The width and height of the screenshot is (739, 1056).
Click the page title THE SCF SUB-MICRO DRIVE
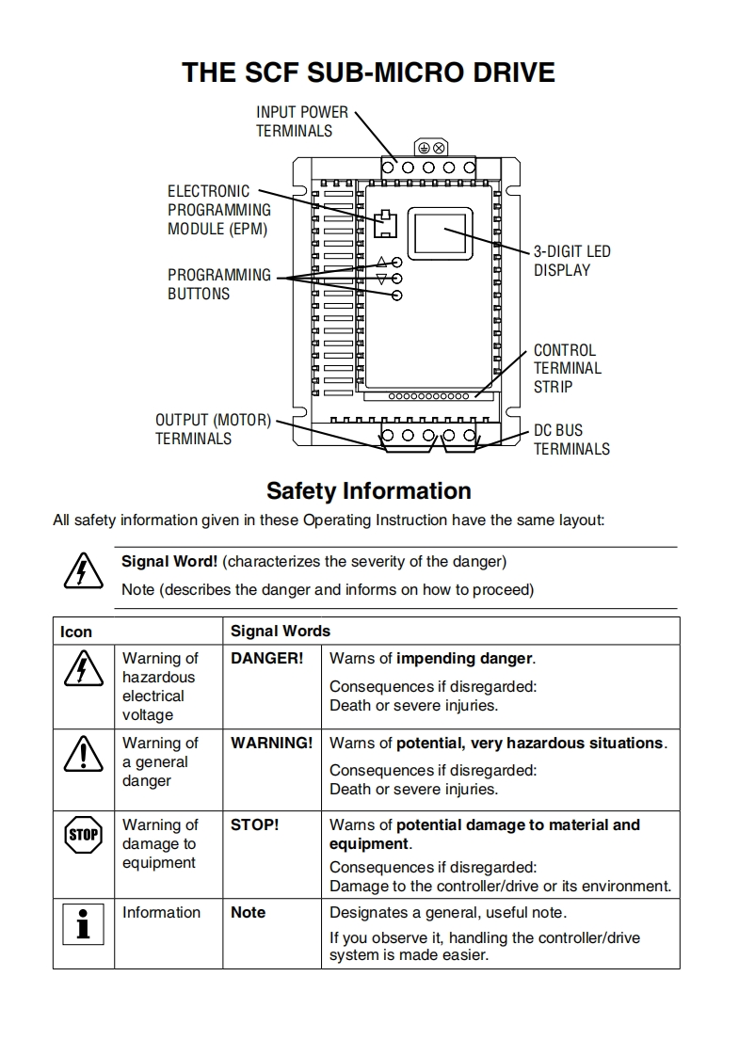368,72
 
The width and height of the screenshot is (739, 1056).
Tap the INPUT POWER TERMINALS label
301,121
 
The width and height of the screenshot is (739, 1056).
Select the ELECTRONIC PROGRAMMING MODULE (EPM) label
218,210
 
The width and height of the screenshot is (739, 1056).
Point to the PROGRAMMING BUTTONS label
218,284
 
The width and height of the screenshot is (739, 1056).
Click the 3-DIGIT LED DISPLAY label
571,261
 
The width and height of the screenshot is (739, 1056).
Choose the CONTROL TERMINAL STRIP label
567,368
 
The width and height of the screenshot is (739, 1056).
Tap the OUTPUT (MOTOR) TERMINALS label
213,429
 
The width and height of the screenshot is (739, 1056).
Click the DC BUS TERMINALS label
571,440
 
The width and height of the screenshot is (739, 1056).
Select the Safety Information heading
368,491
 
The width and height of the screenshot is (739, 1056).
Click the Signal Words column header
281,631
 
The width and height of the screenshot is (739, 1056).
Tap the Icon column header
76,632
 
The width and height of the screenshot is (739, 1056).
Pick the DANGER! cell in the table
266,659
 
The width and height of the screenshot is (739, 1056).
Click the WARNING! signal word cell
271,743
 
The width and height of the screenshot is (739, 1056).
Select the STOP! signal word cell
254,824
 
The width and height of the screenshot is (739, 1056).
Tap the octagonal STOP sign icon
83,834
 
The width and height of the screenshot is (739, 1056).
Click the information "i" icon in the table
83,923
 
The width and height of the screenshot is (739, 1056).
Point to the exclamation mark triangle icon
83,753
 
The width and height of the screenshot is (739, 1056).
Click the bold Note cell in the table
248,912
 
